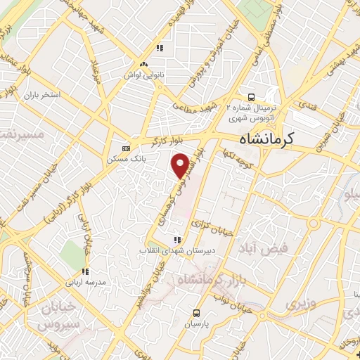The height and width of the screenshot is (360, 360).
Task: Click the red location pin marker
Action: tap(182, 165)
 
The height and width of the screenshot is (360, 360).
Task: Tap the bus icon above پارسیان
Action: tap(198, 314)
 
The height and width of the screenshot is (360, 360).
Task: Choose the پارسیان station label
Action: tap(198, 325)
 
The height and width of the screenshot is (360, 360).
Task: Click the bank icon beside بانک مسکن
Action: tap(126, 148)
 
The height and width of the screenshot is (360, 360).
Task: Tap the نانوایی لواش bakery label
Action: tap(143, 74)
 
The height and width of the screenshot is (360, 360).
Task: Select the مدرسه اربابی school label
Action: tap(85, 282)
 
